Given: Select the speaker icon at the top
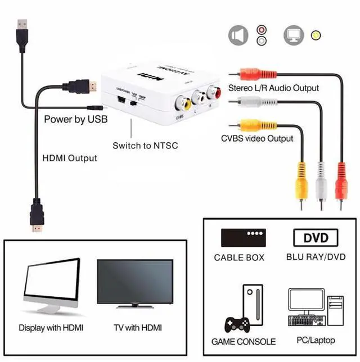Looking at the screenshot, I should point(238,35).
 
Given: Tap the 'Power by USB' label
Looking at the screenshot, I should point(75,119).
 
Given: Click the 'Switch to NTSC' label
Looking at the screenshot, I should point(145,146).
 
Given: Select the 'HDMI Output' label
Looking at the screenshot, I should point(70,158).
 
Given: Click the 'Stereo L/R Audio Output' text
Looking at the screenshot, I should point(273,88).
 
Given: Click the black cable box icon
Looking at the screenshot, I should point(242,237).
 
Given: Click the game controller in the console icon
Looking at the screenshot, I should point(237,325).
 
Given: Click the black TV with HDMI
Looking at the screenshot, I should point(135,283).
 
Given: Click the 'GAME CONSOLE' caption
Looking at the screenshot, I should point(244,341).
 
